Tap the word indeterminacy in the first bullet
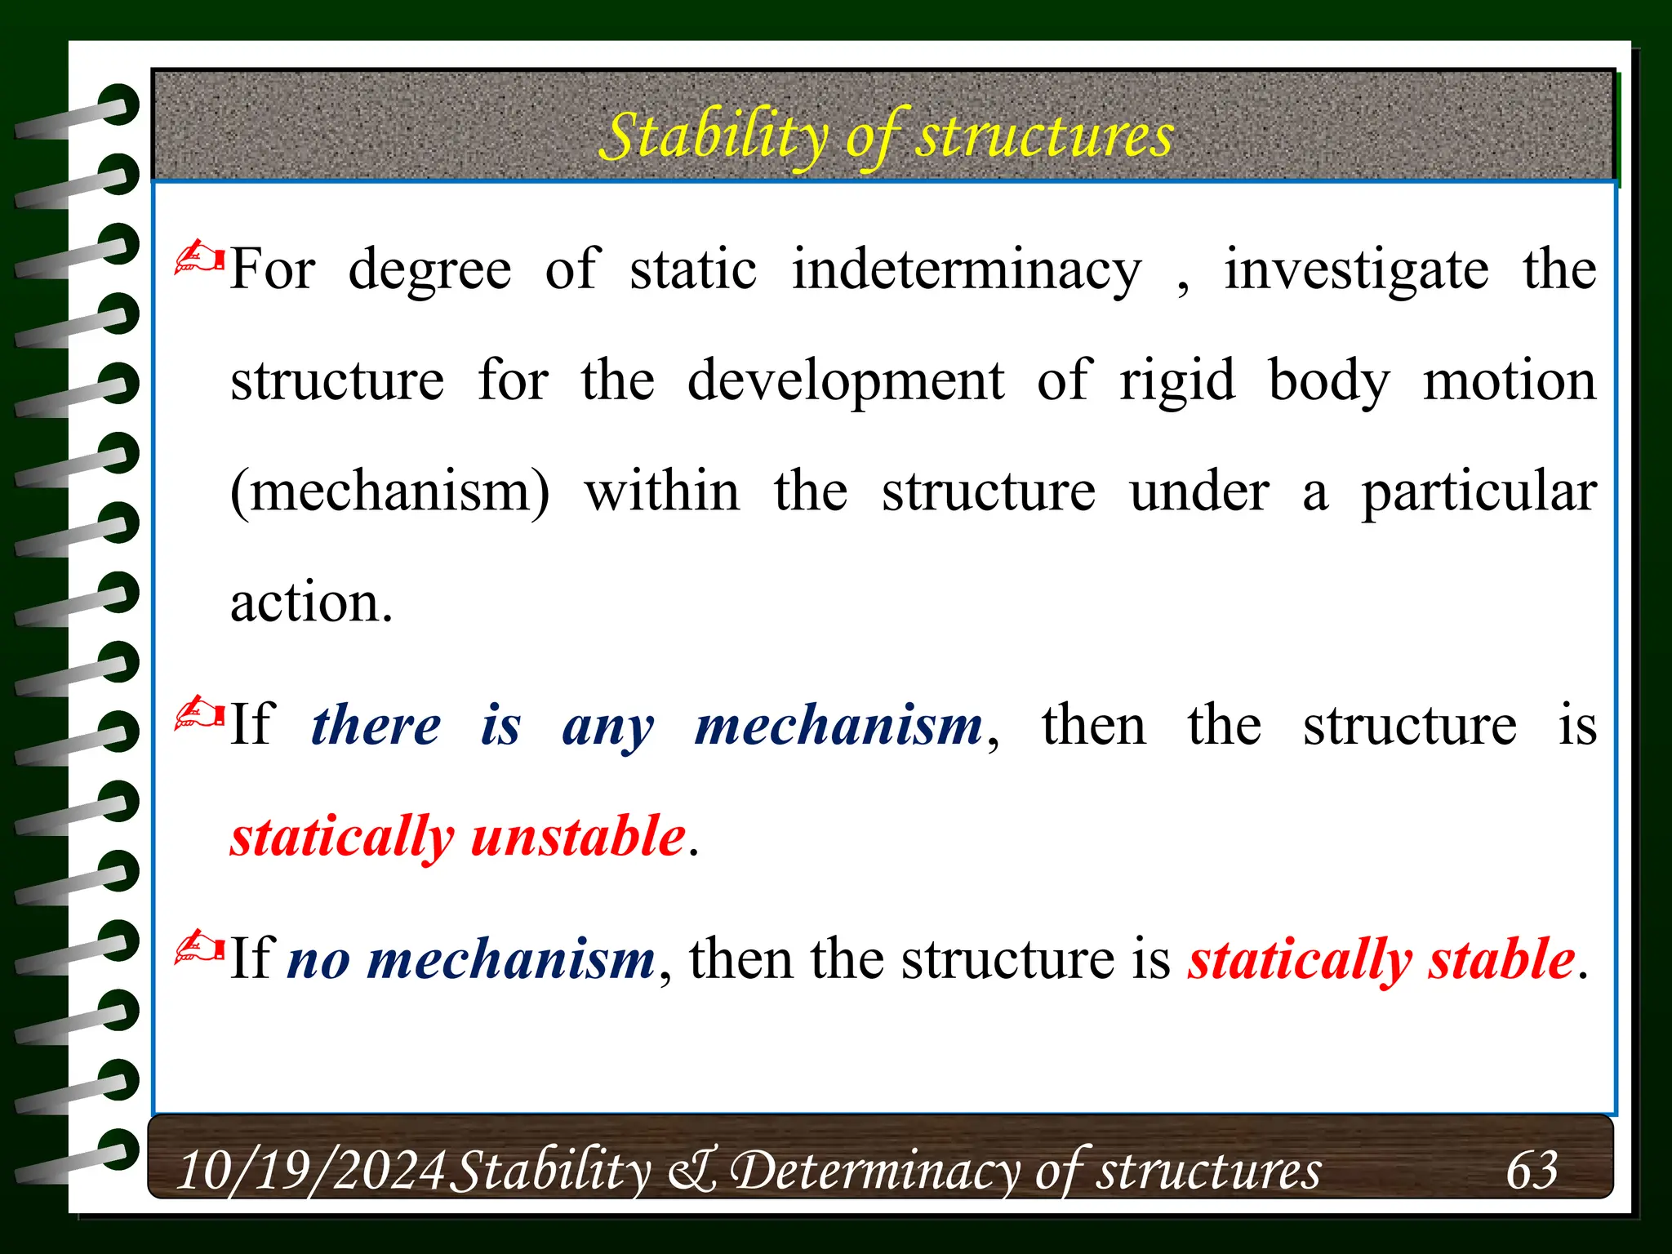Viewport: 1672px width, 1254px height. [967, 270]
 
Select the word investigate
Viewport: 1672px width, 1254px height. [1356, 270]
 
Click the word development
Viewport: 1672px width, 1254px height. [846, 381]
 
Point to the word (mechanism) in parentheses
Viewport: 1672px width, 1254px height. [390, 492]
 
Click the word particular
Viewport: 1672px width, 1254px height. [1479, 492]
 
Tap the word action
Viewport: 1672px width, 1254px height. [311, 603]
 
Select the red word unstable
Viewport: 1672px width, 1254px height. [578, 836]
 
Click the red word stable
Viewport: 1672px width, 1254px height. [1501, 958]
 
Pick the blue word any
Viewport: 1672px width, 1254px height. [608, 726]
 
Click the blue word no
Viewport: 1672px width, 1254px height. [319, 958]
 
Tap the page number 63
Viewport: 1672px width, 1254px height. [1532, 1170]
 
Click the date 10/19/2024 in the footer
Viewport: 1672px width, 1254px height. [311, 1170]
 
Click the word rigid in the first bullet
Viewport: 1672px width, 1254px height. [1177, 381]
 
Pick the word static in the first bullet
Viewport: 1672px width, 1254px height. [693, 270]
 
